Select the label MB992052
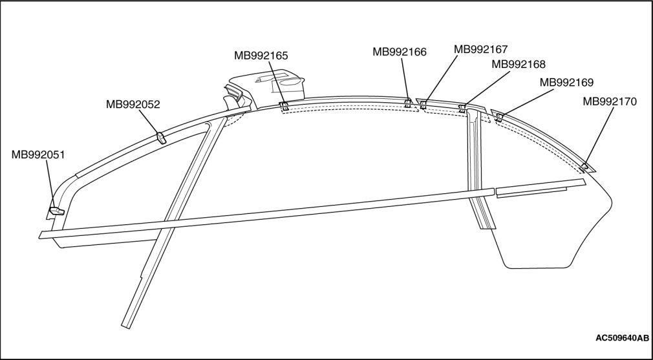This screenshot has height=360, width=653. pyautogui.click(x=133, y=103)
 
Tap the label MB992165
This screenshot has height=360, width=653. pyautogui.click(x=261, y=56)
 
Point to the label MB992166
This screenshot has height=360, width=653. pyautogui.click(x=399, y=51)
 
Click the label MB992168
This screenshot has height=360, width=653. pyautogui.click(x=519, y=64)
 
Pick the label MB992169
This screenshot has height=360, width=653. pyautogui.click(x=566, y=83)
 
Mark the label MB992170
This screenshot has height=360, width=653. pyautogui.click(x=610, y=101)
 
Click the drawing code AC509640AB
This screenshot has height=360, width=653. pyautogui.click(x=621, y=338)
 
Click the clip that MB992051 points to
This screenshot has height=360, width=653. pyautogui.click(x=56, y=209)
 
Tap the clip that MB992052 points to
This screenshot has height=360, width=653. pyautogui.click(x=161, y=137)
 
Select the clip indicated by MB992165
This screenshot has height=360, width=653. pyautogui.click(x=283, y=106)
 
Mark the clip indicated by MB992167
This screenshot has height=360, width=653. pyautogui.click(x=423, y=105)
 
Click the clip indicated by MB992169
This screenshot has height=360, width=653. pyautogui.click(x=499, y=116)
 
